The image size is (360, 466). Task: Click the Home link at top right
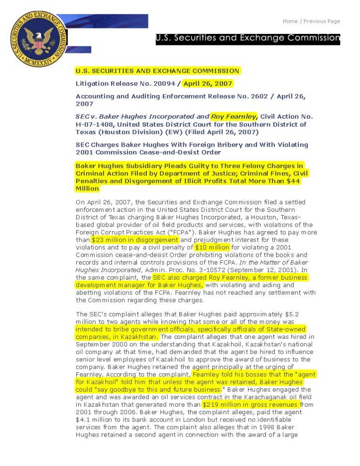pos(290,21)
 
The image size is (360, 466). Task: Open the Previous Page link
pos(322,21)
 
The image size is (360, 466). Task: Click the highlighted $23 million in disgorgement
pos(131,240)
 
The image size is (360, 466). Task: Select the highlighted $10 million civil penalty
pos(212,247)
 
